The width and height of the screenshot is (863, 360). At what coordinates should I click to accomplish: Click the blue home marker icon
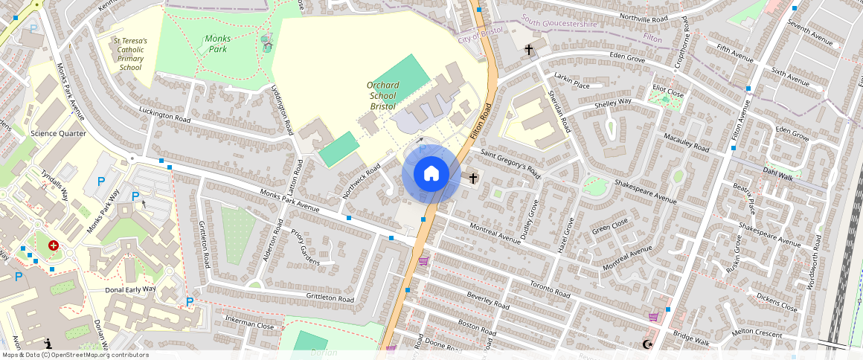[431, 174]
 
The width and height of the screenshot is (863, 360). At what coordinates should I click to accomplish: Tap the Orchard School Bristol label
[383, 95]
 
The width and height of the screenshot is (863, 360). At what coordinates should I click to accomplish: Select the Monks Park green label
[218, 44]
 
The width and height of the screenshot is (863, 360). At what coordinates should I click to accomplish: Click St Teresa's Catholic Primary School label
[130, 54]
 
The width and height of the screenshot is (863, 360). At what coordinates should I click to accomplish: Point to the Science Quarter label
[58, 133]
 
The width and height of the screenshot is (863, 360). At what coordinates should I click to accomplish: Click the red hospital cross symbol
[54, 245]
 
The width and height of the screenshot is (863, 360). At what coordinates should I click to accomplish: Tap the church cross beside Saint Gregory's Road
[473, 179]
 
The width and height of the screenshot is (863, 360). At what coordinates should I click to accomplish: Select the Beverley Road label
[488, 300]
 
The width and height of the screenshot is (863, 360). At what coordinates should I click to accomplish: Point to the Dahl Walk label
[778, 171]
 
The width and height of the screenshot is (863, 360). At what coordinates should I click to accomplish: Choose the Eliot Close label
[668, 91]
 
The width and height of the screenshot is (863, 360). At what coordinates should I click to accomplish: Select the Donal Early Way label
[130, 289]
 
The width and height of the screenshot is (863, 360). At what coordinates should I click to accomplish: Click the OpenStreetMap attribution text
[74, 355]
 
